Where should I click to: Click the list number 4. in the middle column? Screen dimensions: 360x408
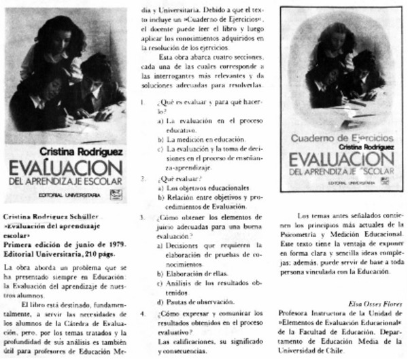[x=141, y=314]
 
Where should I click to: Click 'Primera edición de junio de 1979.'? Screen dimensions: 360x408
[x=59, y=241]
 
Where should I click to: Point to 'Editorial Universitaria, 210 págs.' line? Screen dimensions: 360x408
[x=59, y=250]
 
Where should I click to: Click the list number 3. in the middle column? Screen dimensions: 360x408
[x=141, y=218]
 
